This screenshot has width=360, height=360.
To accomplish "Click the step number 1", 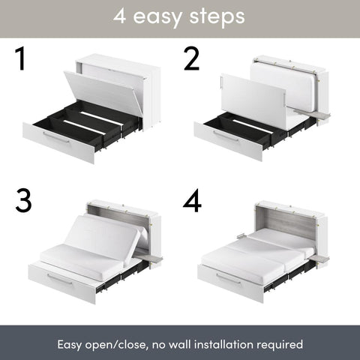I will pos(20,60).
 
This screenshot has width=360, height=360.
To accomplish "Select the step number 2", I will pos(193,60).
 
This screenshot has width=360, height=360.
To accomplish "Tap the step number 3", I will pos(25,200).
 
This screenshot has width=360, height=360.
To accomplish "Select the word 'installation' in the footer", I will pos(225,344).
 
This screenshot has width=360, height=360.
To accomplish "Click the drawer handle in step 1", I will pos(56,137).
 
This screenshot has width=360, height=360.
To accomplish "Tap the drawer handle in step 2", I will pos(227,136).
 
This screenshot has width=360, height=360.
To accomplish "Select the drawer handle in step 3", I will pos(60,278).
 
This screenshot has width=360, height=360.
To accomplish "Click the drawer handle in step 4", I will pos(229,278).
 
